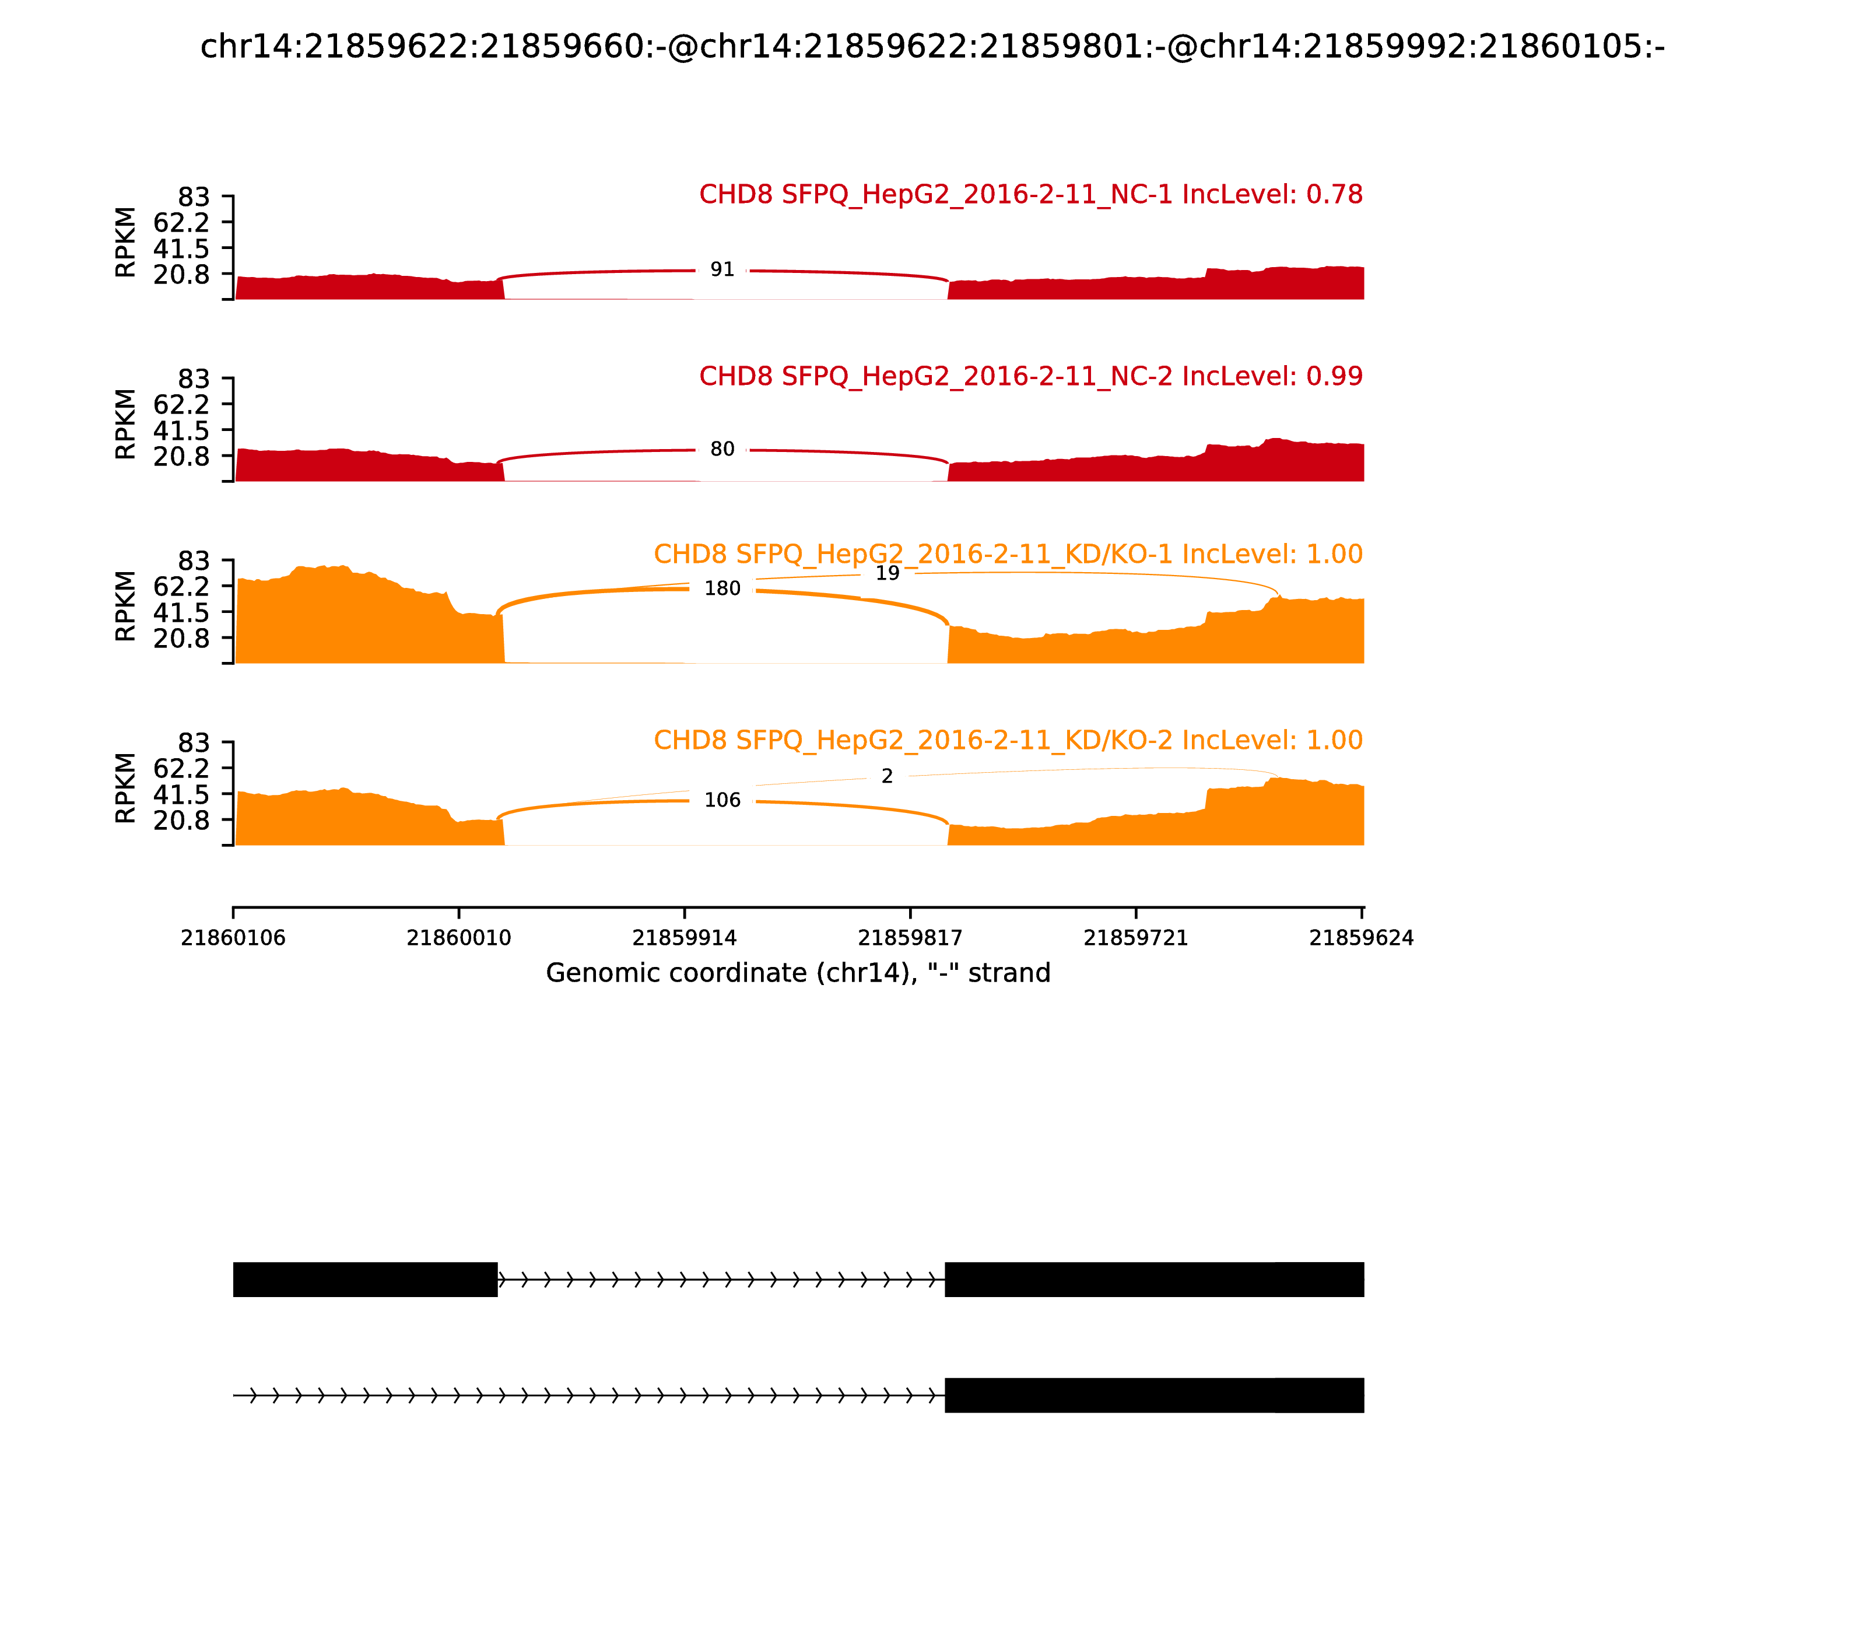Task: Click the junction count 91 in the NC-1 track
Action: point(722,269)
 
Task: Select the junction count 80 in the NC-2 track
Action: point(722,449)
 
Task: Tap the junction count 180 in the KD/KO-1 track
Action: point(722,588)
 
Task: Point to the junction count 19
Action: point(886,573)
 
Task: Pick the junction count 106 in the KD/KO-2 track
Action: point(722,800)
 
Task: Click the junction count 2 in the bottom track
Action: point(886,776)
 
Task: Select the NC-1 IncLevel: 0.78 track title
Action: point(1030,195)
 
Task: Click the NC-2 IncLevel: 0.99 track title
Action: point(1030,376)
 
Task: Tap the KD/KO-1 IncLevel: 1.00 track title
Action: point(1008,554)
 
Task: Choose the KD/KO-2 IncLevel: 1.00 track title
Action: point(1008,740)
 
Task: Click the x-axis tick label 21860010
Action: point(458,938)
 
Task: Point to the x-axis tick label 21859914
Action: point(684,938)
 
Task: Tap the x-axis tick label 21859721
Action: point(1135,938)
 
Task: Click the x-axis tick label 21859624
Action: point(1361,938)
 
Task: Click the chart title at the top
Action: point(932,47)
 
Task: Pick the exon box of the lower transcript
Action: point(1153,1395)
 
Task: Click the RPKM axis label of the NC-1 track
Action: point(126,243)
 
